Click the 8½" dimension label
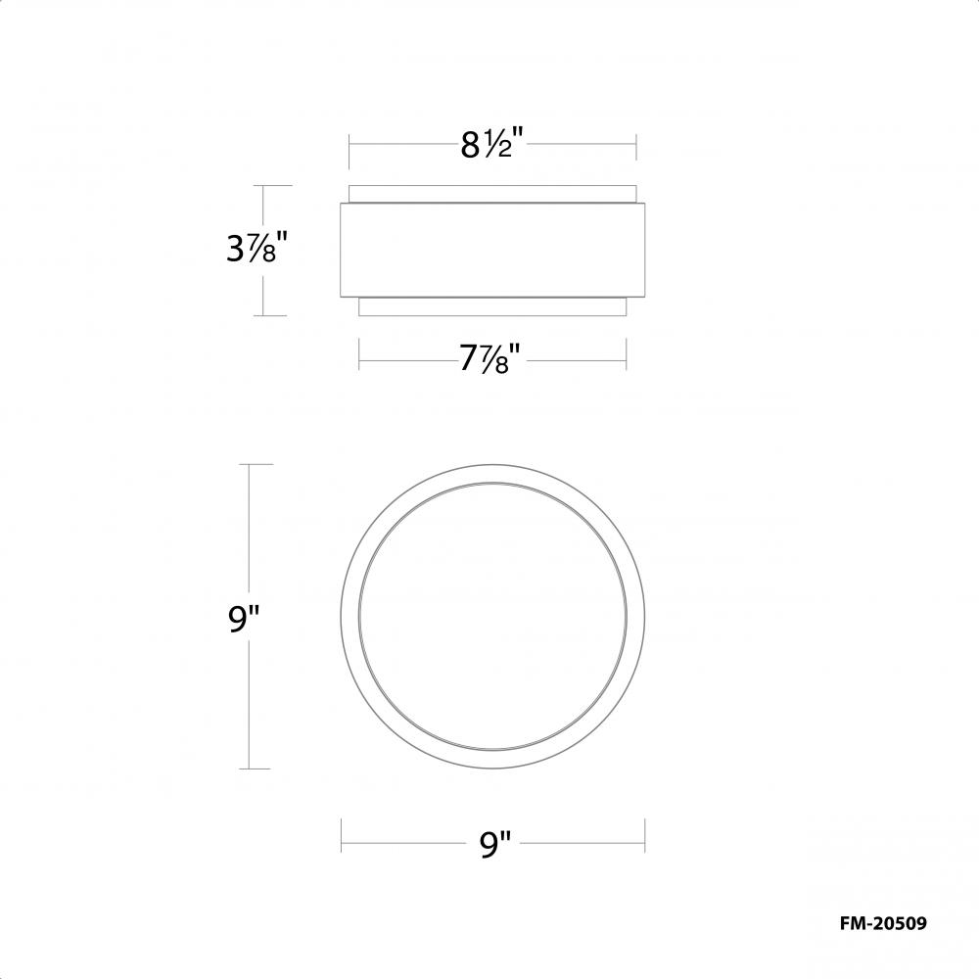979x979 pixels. pos(493,146)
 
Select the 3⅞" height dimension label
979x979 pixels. pos(256,251)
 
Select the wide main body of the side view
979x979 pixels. pos(493,249)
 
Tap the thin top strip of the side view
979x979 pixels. pos(493,193)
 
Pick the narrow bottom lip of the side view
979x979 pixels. pos(493,307)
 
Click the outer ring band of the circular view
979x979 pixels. pos(351,617)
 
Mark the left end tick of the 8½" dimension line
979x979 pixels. pos(350,147)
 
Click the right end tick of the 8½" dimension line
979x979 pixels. pos(637,147)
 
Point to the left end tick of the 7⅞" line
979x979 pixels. pos(359,353)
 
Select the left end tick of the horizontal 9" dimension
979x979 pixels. pos(341,834)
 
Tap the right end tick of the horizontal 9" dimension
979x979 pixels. pos(645,834)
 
